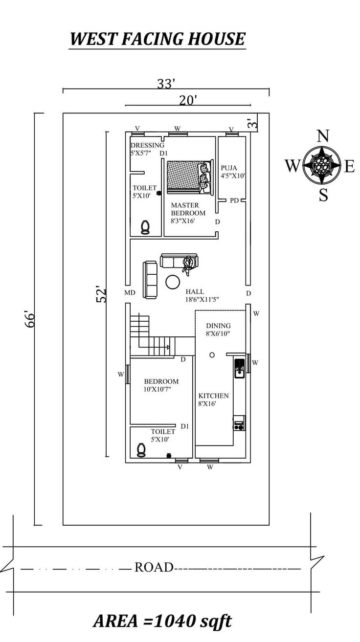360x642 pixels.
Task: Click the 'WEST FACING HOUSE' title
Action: (x=157, y=39)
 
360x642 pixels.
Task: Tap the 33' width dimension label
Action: (x=166, y=84)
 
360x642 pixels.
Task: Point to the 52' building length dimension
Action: (x=101, y=294)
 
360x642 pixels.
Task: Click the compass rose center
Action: (x=322, y=165)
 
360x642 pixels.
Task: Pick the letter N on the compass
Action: (x=323, y=136)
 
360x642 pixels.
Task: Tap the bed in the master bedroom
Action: (x=190, y=177)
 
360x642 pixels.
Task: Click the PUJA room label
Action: (x=229, y=168)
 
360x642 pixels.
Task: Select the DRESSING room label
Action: (x=147, y=145)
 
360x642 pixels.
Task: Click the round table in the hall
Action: (x=173, y=282)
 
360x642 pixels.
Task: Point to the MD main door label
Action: (x=130, y=292)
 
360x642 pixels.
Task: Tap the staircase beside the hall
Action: (x=153, y=335)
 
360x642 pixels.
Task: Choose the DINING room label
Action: (x=218, y=326)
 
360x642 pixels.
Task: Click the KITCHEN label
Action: (x=214, y=396)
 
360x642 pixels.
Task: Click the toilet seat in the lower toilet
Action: (x=141, y=450)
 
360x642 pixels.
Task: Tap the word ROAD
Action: (x=154, y=567)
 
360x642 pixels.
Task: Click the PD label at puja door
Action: (x=234, y=200)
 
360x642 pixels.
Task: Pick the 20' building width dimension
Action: (x=188, y=101)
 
